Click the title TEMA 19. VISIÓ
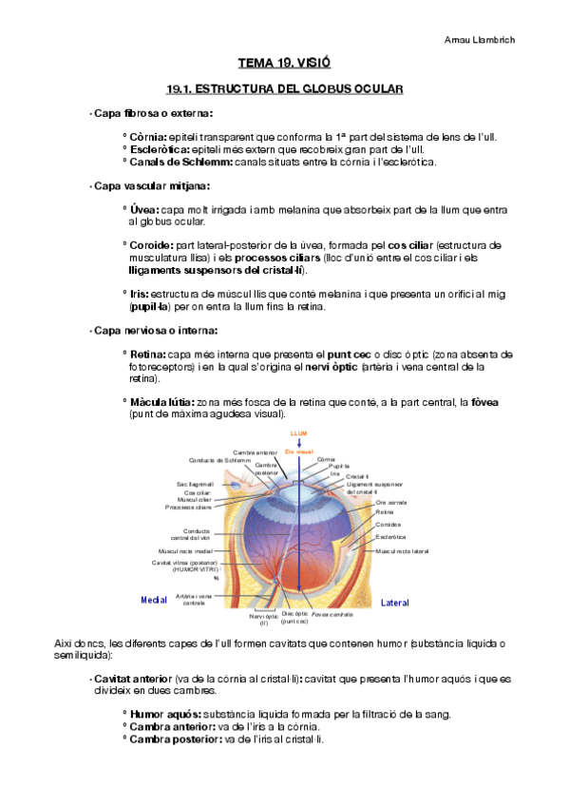tap(284, 64)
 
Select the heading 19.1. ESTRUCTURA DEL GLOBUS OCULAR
tap(285, 88)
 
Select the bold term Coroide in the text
tap(151, 245)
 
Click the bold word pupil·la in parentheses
tap(150, 307)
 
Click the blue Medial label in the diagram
tap(154, 600)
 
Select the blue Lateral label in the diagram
tap(395, 603)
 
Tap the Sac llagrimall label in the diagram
tap(195, 484)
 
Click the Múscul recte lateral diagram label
tap(403, 551)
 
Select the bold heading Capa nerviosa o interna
tap(155, 331)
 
